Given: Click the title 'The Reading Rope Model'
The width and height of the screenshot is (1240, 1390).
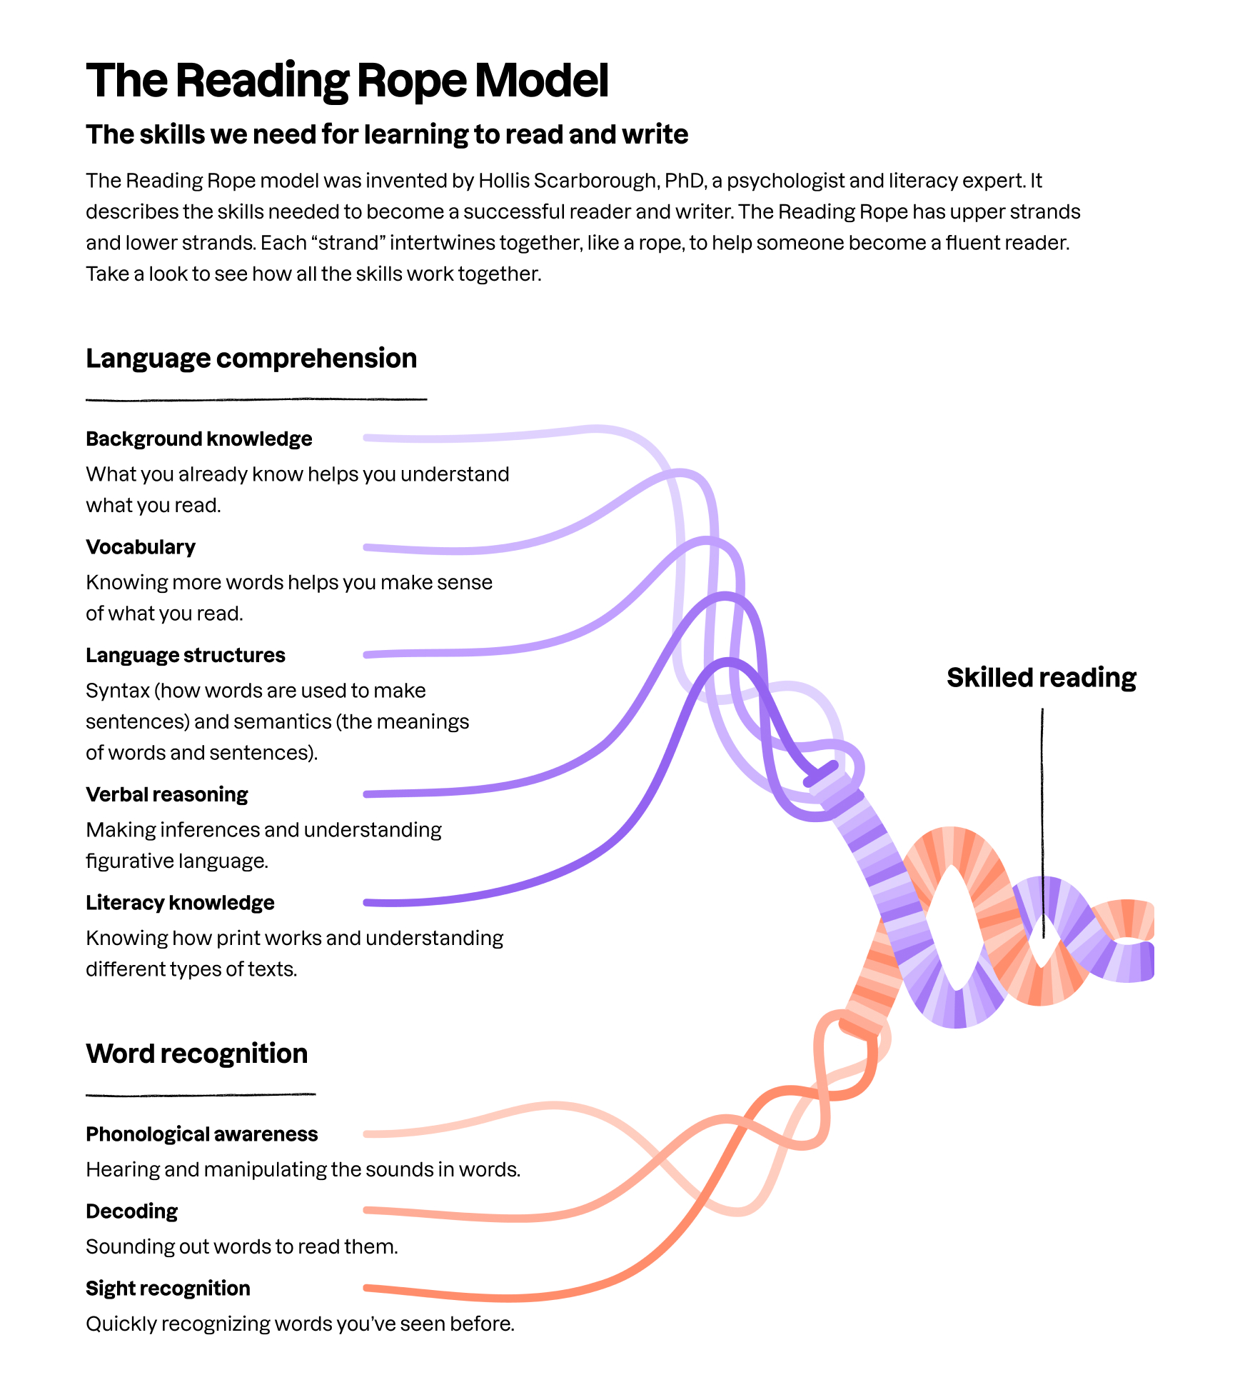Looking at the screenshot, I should click(347, 80).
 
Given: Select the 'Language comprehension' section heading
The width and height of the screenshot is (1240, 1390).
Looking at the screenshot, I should click(251, 358).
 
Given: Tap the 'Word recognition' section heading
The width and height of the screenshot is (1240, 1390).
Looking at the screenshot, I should click(197, 1054).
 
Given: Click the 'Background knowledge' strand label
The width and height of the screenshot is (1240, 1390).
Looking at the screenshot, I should click(199, 439).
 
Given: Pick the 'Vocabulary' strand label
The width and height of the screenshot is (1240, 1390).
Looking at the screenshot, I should click(141, 547).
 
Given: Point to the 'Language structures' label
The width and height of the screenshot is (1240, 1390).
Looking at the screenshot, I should click(186, 655).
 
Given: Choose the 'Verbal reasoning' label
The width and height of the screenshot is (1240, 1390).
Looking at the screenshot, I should click(167, 794).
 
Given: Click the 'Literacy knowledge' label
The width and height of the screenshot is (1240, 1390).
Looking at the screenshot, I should click(180, 903).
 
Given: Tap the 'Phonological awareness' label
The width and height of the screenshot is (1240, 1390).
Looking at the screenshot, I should click(202, 1134).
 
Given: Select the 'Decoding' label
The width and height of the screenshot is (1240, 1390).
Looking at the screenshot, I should click(132, 1211).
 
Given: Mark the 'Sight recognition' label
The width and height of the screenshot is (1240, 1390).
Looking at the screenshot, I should click(168, 1289).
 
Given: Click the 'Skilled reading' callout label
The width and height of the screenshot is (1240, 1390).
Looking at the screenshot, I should click(1042, 677).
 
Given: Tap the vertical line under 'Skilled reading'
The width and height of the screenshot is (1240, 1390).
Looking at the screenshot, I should click(1042, 821).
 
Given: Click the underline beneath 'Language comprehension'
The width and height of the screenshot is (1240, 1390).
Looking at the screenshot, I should click(256, 399).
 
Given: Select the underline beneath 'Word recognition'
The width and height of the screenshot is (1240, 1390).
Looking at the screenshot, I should click(201, 1094).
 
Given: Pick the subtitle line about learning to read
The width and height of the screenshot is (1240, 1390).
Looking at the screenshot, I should click(387, 134).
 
